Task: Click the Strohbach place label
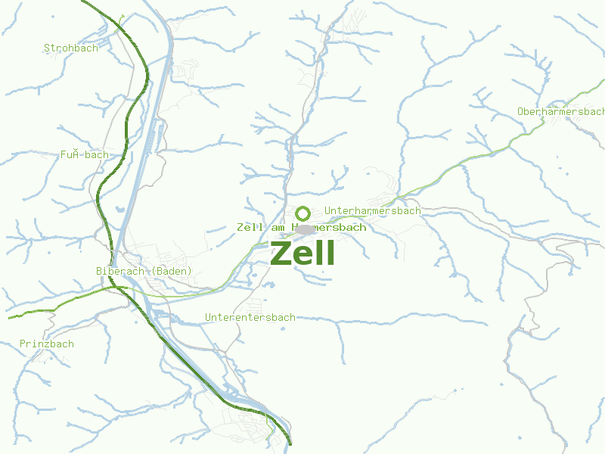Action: pos(71,48)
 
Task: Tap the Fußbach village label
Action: pos(85,155)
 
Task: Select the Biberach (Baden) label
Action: pos(144,271)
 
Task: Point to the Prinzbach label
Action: pos(47,344)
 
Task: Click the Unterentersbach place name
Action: pos(250,317)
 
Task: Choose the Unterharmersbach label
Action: pos(372,211)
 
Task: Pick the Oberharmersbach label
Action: pos(561,112)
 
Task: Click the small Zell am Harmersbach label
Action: pos(301,227)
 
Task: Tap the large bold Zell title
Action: pos(302,253)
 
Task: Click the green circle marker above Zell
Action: pos(302,213)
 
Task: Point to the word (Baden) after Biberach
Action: pos(172,271)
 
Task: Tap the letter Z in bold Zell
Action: pos(281,253)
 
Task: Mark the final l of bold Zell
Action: pos(329,253)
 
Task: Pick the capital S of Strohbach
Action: pos(47,48)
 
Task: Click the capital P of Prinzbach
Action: pos(23,344)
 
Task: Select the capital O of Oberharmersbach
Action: pos(520,112)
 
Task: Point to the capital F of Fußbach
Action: pos(64,155)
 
